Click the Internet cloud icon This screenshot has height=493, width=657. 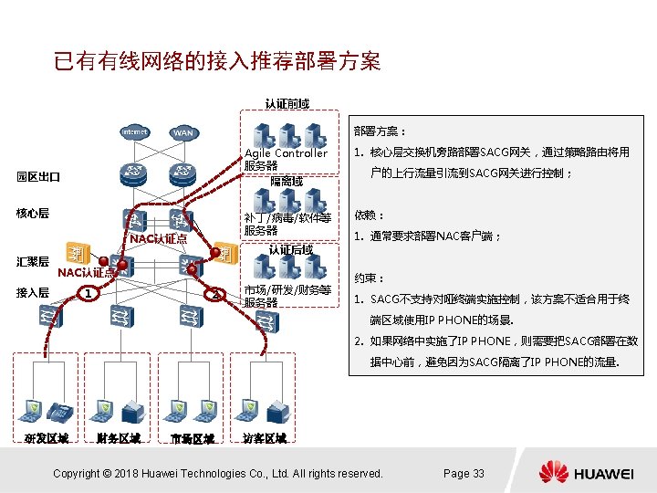134,132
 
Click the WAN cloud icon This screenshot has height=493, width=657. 183,133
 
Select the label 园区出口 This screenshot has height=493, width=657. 37,176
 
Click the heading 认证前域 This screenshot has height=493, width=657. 287,103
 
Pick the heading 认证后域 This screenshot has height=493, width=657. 292,249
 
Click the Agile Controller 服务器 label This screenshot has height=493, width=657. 285,159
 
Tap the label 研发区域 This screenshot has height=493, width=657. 46,438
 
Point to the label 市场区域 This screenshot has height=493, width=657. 192,438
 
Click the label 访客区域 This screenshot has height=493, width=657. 264,438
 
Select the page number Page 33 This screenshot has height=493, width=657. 464,473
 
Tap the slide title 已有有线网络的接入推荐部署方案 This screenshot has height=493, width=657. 217,62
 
